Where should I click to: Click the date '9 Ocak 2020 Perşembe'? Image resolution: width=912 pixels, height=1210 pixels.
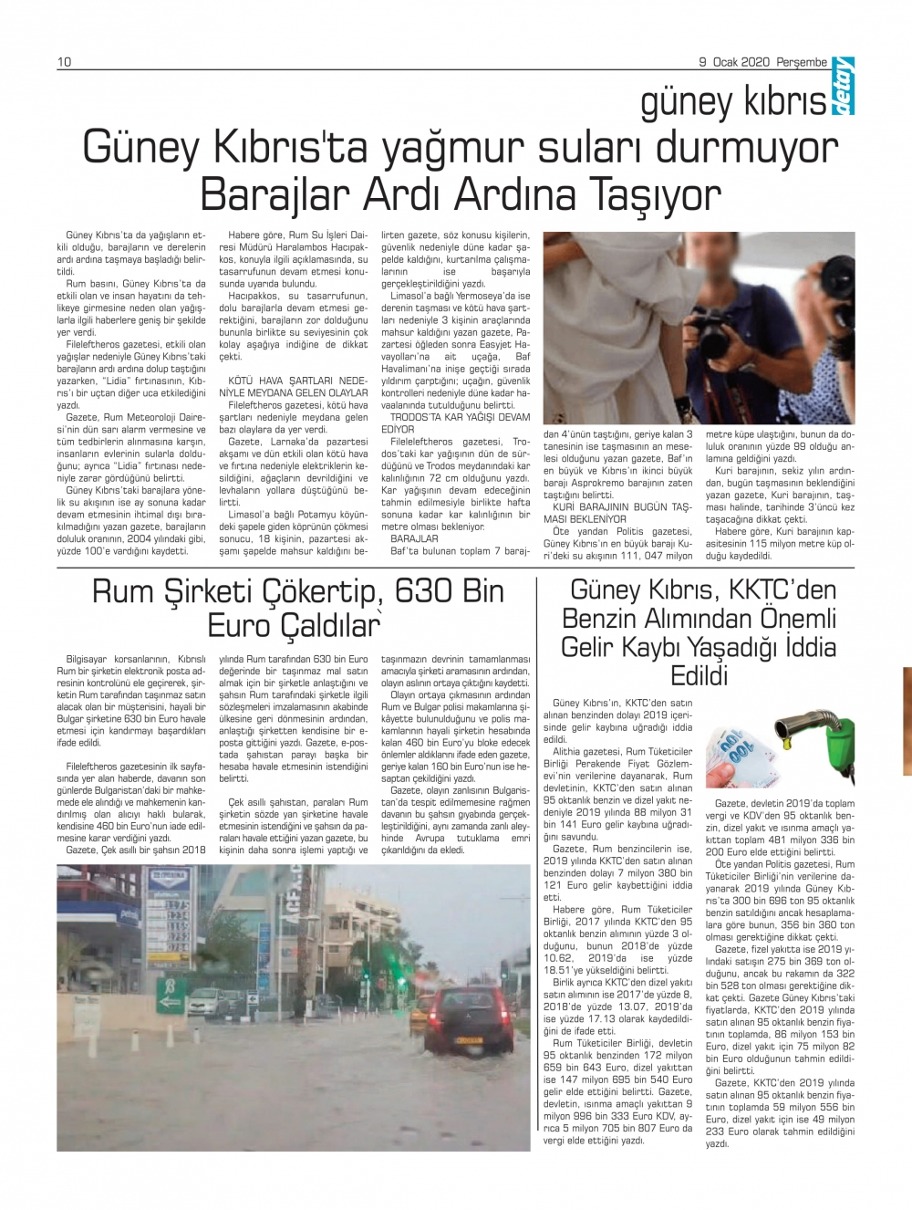point(763,62)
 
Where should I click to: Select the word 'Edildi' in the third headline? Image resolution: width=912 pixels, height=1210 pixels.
point(700,676)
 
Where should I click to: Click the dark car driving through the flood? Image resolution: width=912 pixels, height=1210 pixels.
point(468,1018)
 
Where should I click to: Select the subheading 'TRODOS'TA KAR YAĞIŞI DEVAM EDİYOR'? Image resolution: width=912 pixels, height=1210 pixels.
point(454,422)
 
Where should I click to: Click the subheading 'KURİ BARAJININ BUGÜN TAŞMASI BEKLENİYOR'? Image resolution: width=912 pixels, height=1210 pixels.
point(617,513)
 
